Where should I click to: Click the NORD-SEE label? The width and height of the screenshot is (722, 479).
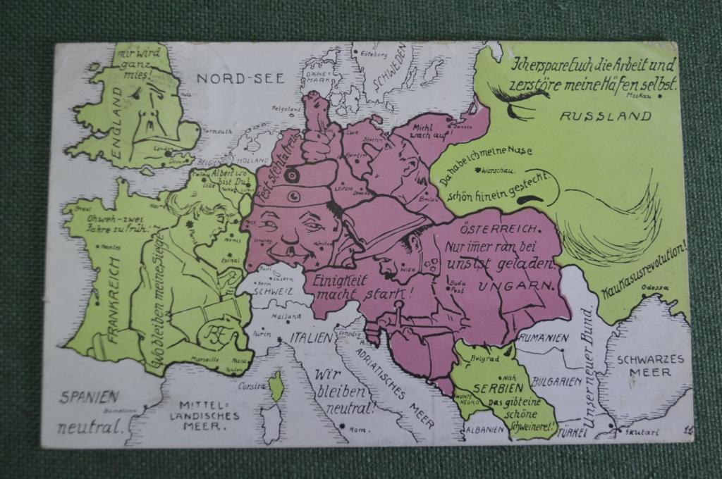pos(240,78)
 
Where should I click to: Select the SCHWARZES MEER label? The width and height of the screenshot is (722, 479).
pos(650,366)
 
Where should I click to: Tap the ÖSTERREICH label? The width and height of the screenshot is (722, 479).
pos(500,229)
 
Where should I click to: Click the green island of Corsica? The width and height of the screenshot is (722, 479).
pos(276,387)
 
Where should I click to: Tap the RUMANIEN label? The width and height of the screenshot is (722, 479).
pos(544,338)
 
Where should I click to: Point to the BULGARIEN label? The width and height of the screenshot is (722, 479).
pos(557,381)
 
